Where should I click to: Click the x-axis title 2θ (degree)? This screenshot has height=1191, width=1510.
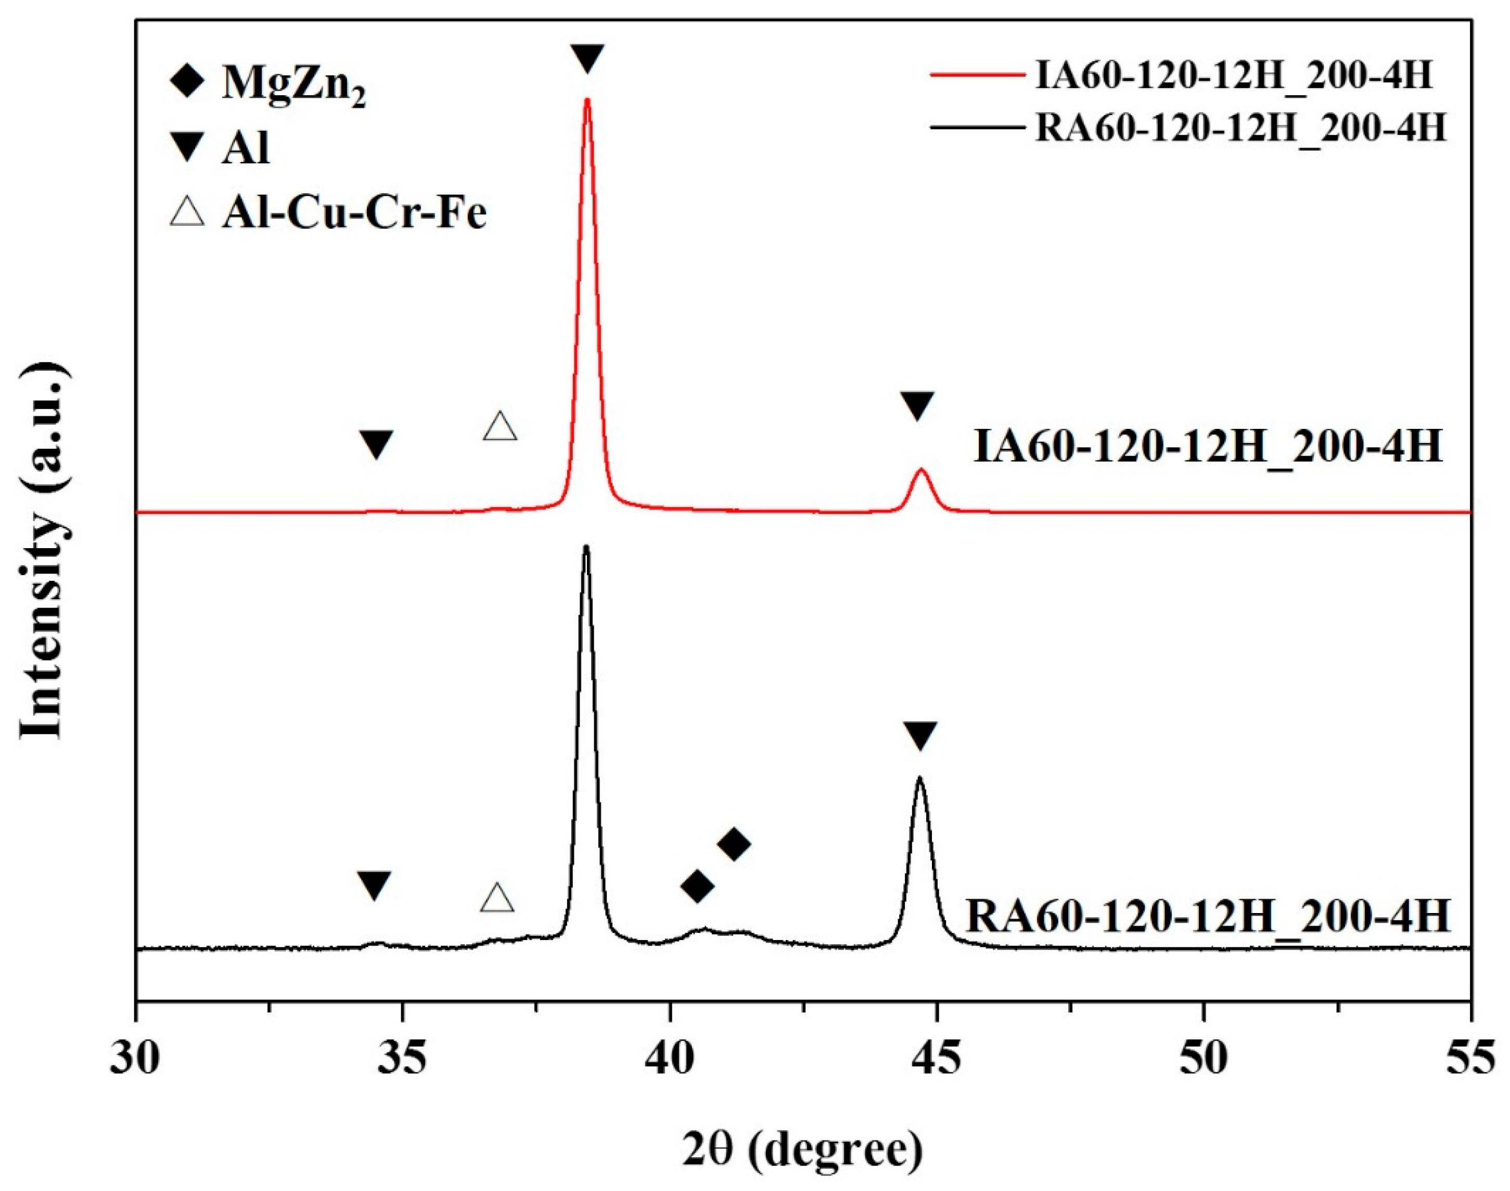802,1149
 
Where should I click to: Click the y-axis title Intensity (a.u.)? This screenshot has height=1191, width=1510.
43,550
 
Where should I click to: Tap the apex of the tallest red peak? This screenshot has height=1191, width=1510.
587,100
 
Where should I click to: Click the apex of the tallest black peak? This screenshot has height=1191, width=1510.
585,546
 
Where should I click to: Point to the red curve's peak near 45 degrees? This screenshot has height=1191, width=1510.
922,470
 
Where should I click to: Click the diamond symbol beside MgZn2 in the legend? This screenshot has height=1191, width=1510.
187,83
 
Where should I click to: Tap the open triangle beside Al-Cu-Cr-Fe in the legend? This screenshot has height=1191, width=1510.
187,211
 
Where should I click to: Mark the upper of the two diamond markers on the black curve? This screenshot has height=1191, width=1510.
733,844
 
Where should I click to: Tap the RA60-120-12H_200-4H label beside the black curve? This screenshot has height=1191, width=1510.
1208,916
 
